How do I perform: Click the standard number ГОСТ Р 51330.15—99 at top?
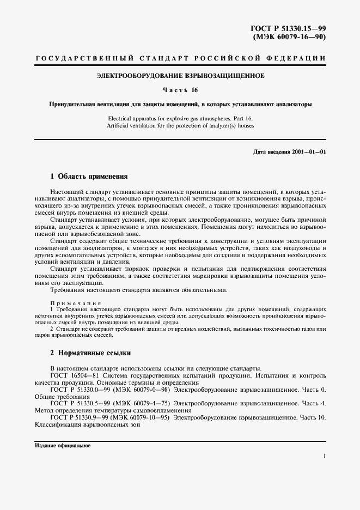coord(287,28)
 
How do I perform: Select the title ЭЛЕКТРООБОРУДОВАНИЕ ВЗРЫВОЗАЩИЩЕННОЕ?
coord(180,76)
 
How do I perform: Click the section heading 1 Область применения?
coord(89,177)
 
